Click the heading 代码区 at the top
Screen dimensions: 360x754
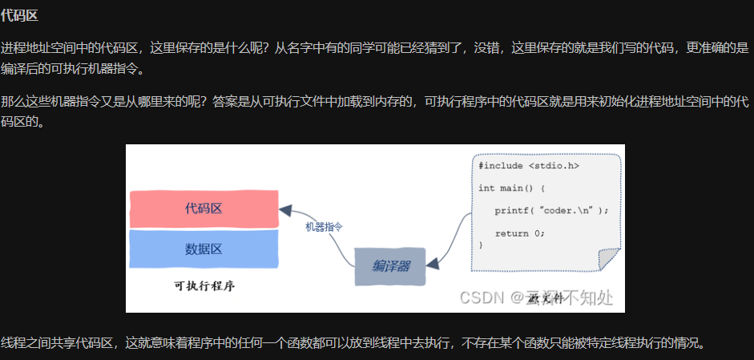20,15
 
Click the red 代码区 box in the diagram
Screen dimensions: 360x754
204,208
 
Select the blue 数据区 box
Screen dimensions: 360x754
204,249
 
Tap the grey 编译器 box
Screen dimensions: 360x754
391,266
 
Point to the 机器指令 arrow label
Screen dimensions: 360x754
325,227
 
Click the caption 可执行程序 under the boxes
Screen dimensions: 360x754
204,285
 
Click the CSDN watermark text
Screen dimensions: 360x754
481,297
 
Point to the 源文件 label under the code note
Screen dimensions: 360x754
545,298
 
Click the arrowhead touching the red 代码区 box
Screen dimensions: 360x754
284,210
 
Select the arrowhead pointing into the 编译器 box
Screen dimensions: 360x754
432,264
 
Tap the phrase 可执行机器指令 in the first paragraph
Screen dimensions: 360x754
95,70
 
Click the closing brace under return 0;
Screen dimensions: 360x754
481,245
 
